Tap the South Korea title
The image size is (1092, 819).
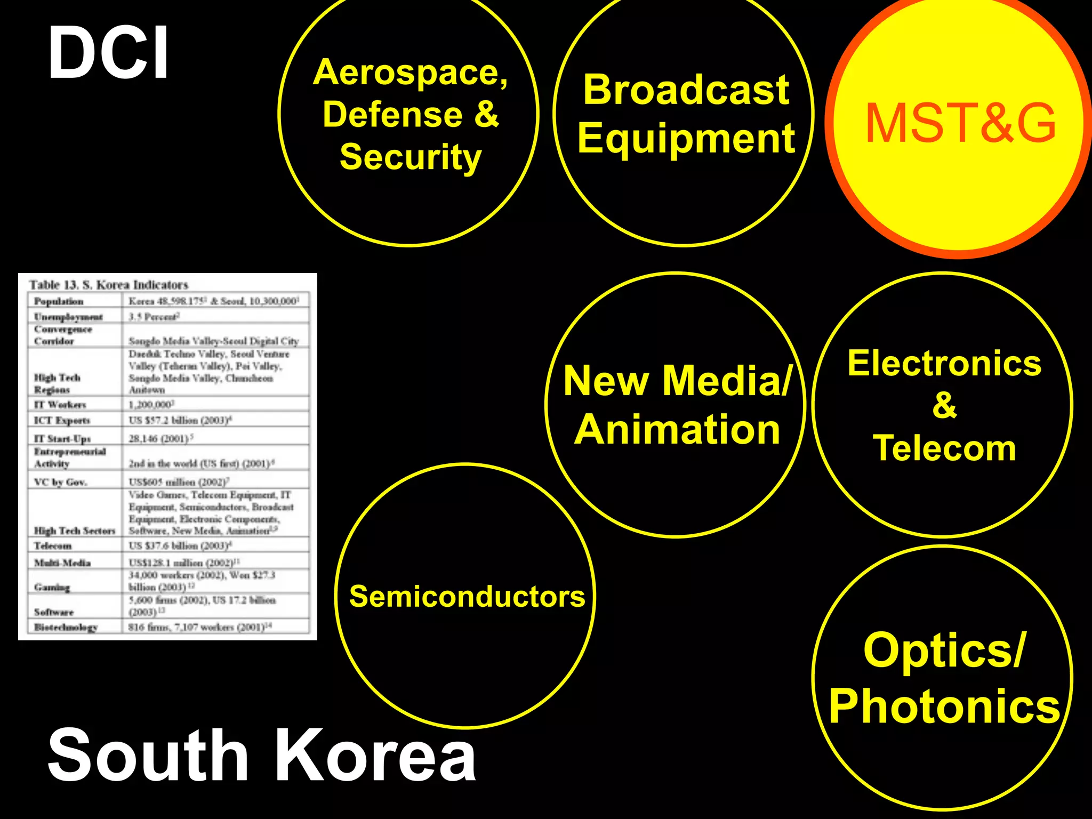(261, 756)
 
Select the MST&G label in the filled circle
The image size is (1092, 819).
(960, 124)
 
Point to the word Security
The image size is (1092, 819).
(411, 157)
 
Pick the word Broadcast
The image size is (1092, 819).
(686, 90)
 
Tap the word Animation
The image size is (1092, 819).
(677, 430)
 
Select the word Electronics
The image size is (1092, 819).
(944, 364)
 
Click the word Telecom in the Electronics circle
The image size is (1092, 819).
(944, 448)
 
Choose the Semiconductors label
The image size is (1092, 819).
(467, 596)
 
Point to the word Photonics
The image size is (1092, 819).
(944, 706)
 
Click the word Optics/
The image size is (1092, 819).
(944, 650)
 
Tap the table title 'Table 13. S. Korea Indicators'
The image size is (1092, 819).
(109, 285)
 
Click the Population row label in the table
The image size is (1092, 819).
(59, 301)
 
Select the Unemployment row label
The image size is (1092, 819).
(68, 317)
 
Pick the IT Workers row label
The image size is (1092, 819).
(60, 405)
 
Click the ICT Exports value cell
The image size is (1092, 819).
(180, 420)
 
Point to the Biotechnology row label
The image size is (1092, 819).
(66, 627)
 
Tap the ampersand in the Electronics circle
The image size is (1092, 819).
(944, 405)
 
